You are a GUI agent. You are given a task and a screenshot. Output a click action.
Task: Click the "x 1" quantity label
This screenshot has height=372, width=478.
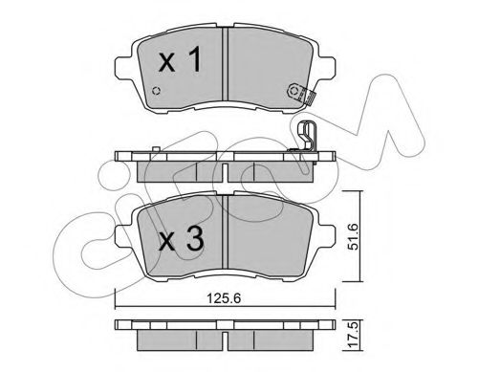pos(180,58)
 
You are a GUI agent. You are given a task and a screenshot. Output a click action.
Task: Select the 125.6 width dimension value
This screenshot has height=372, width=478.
pos(224,298)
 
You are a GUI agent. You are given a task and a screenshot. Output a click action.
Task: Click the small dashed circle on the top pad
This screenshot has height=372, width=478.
pos(156,91)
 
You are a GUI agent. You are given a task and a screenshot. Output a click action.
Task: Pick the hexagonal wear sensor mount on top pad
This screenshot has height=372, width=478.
pos(293,91)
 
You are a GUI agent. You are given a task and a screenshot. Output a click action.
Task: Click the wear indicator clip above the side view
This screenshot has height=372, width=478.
pos(306,136)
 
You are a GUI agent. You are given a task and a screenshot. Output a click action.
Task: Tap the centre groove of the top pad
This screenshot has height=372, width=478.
pos(226,64)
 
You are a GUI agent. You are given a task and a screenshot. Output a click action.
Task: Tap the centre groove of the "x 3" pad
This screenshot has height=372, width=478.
pos(226,231)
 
